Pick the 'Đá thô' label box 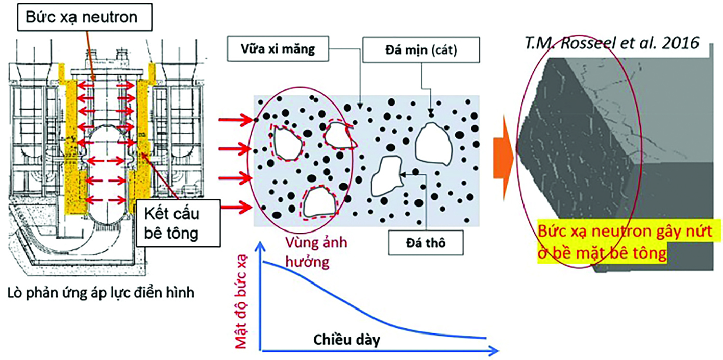point(426,243)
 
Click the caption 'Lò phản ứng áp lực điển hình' point(102,294)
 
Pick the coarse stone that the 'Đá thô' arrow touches point(386,177)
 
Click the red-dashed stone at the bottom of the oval point(319,202)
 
